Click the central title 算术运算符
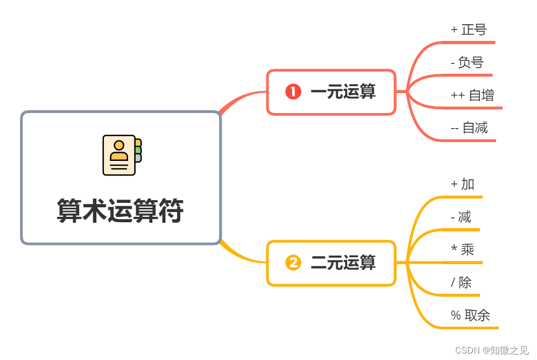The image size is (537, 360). (120, 210)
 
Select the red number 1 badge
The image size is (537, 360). (293, 92)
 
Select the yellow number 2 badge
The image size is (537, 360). (293, 263)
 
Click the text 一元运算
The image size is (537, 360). (343, 92)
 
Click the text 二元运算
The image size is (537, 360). (343, 263)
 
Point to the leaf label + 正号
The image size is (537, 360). (468, 30)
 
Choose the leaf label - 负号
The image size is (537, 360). (467, 62)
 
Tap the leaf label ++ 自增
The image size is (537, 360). (472, 95)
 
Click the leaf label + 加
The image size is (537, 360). (462, 184)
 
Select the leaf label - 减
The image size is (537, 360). (461, 217)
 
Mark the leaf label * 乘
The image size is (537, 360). (462, 250)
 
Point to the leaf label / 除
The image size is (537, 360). (461, 283)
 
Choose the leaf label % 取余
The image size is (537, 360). (470, 315)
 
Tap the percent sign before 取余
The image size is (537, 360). (456, 316)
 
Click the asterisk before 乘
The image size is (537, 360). (454, 249)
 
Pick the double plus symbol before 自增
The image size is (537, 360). (458, 95)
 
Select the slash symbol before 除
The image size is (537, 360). (453, 283)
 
